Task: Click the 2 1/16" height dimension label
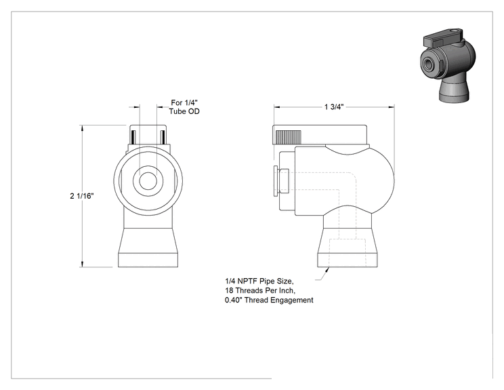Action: click(82, 196)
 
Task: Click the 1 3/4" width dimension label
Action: click(334, 107)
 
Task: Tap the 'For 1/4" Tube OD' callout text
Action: click(184, 107)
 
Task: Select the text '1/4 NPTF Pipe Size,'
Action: click(259, 281)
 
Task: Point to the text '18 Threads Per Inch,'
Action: click(259, 290)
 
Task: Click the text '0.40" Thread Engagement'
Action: click(269, 300)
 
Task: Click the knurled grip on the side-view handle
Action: click(289, 137)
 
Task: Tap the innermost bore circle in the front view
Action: click(148, 181)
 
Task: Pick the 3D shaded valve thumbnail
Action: click(447, 65)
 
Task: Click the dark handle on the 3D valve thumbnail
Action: click(444, 37)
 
